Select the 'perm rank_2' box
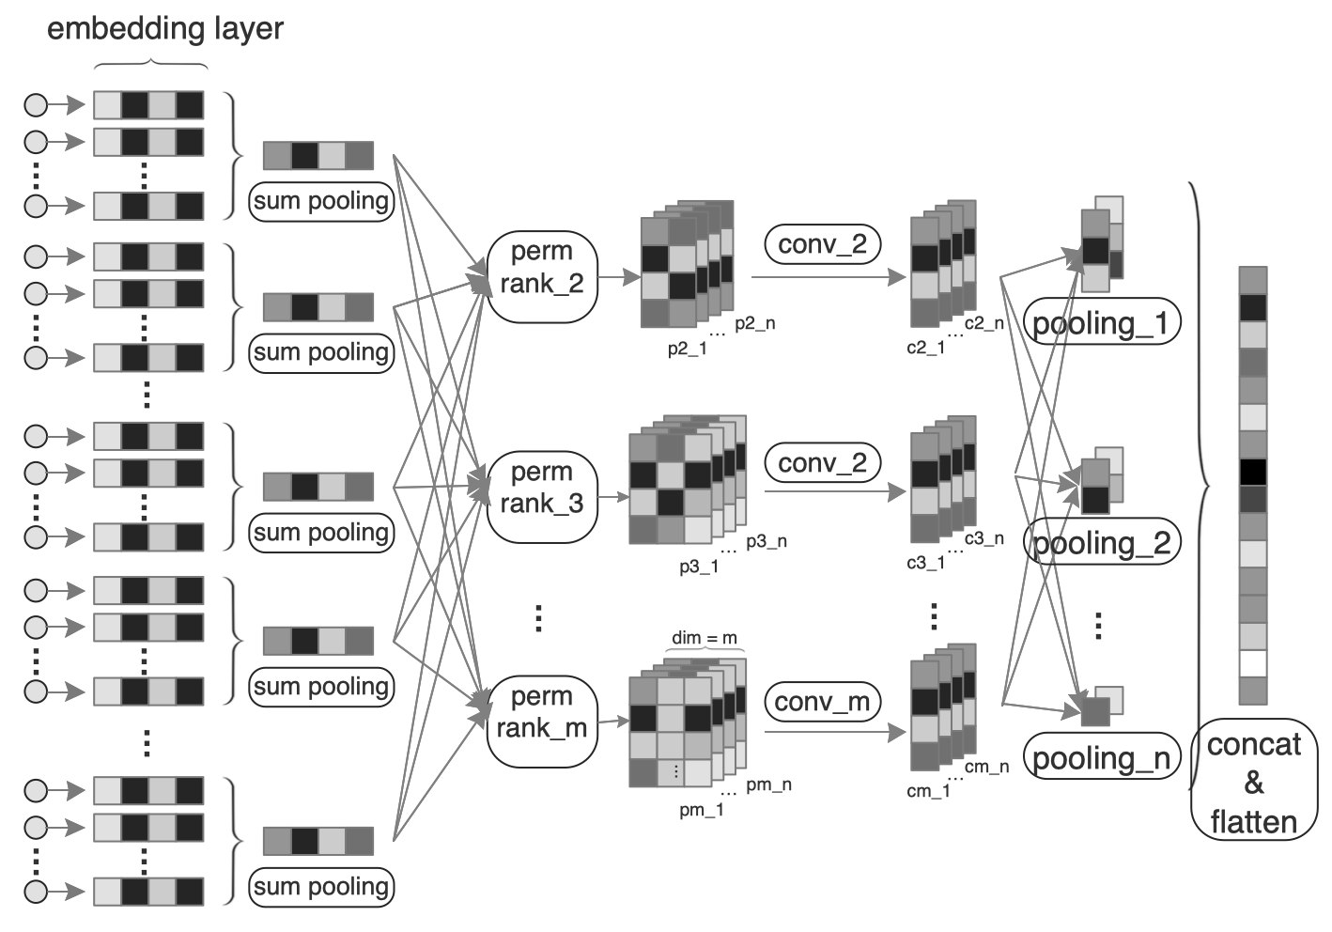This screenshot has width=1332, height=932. click(x=542, y=277)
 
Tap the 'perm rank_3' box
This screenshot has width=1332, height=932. click(x=542, y=497)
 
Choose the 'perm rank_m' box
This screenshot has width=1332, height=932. click(x=542, y=722)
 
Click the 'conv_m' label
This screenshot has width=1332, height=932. click(x=822, y=702)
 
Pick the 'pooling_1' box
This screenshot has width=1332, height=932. click(x=1102, y=321)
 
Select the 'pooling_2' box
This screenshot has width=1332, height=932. click(x=1102, y=541)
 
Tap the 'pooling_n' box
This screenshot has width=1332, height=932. click(x=1102, y=756)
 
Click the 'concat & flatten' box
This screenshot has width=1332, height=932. click(x=1254, y=780)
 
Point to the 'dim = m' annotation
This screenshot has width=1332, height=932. click(x=705, y=638)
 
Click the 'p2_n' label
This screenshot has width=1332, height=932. click(x=755, y=323)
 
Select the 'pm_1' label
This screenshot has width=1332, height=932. click(x=702, y=810)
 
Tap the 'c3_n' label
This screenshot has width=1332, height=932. click(x=984, y=539)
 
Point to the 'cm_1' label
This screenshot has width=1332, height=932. click(x=928, y=791)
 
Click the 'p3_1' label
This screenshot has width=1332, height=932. click(x=699, y=567)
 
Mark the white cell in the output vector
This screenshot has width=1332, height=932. click(x=1253, y=663)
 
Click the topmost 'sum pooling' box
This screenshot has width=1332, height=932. click(x=321, y=202)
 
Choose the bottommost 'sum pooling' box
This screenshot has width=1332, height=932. click(x=321, y=888)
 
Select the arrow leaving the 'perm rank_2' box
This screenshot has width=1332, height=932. click(x=619, y=277)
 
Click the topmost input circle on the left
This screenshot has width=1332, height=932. click(x=36, y=105)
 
